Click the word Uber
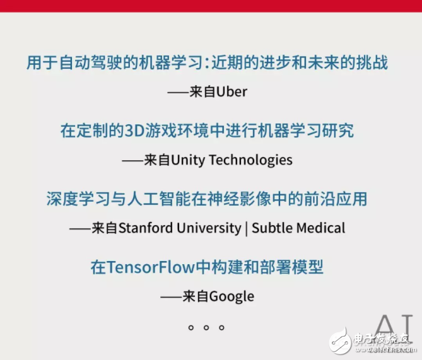[232, 92]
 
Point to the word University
[211, 228]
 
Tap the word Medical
[321, 228]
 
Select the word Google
[231, 296]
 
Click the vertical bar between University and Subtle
[245, 228]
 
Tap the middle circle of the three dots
[206, 327]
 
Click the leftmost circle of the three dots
[190, 327]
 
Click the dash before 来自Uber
[179, 92]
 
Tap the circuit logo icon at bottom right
[341, 341]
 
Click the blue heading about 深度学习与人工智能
[206, 199]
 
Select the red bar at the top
[211, 6]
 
